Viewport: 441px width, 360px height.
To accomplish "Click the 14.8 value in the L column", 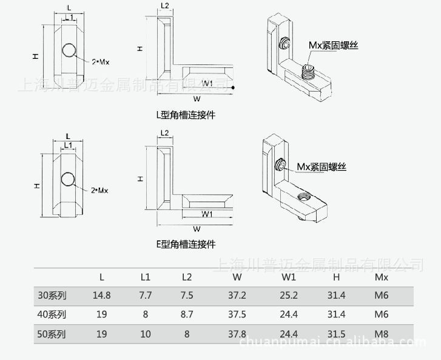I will (x=101, y=296).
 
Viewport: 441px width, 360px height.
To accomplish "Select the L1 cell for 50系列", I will (x=145, y=333).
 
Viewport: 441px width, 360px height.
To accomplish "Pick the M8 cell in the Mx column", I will (x=382, y=333).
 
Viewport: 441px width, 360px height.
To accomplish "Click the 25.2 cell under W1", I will (x=289, y=296).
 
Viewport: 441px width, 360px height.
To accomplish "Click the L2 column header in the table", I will (x=187, y=277).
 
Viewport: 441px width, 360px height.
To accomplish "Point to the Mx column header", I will (x=382, y=277).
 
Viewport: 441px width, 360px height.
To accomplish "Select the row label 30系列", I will (x=52, y=296).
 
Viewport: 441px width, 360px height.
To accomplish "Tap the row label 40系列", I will (x=52, y=314).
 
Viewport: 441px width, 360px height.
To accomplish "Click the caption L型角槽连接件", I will (x=186, y=114).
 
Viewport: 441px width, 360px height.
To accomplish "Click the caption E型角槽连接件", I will (x=186, y=244).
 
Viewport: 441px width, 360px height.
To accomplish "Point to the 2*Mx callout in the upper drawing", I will (x=100, y=62).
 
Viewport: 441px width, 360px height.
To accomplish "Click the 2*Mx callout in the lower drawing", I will (x=99, y=191).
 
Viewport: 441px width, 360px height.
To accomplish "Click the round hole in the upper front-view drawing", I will (x=69, y=50).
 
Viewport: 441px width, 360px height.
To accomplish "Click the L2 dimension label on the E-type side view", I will (x=164, y=133).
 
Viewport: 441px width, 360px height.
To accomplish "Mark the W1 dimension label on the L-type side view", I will (x=207, y=83).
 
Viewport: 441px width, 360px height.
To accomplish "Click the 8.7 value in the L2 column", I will (x=187, y=314).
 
